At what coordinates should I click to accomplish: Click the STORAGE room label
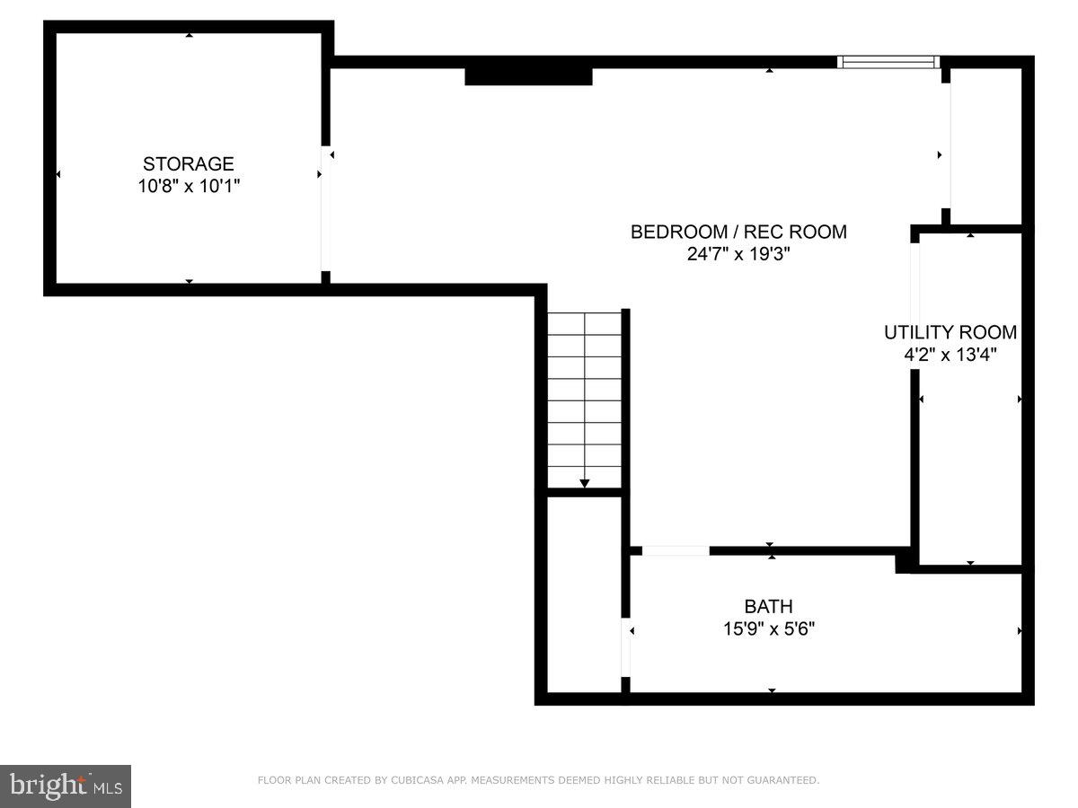pyautogui.click(x=189, y=164)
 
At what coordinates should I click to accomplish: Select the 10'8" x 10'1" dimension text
pyautogui.click(x=189, y=187)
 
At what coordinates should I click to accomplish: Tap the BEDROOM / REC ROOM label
pyautogui.click(x=738, y=232)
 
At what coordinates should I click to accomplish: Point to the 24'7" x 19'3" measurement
pyautogui.click(x=738, y=254)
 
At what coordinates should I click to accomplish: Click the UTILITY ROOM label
pyautogui.click(x=950, y=332)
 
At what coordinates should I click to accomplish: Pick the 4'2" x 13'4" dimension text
pyautogui.click(x=950, y=355)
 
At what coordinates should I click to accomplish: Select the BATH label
pyautogui.click(x=768, y=607)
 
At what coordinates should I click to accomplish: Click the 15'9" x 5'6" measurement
pyautogui.click(x=768, y=629)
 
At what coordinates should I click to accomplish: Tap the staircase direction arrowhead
pyautogui.click(x=585, y=484)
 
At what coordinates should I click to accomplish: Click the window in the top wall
pyautogui.click(x=888, y=62)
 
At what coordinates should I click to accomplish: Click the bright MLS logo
pyautogui.click(x=66, y=786)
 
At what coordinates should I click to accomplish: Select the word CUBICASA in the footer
pyautogui.click(x=416, y=781)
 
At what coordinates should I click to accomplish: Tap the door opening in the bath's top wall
pyautogui.click(x=676, y=550)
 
